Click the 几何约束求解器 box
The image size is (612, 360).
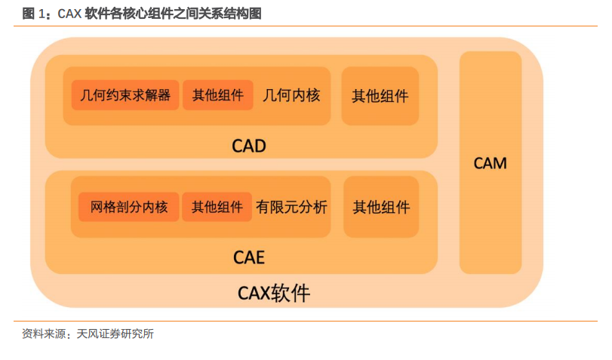[x=125, y=95]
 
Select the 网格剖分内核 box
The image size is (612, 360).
[x=129, y=207]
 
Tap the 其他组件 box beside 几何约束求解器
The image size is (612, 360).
[x=218, y=95]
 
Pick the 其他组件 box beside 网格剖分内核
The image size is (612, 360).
[x=217, y=207]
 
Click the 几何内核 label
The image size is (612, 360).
[x=291, y=95]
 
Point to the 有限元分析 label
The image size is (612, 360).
[x=291, y=207]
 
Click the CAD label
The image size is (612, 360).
[x=249, y=146]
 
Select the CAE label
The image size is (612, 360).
[x=249, y=257]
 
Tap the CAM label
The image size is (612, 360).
[x=491, y=163]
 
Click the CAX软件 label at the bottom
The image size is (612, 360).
[x=274, y=294]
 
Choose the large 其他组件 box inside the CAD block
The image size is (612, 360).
[x=380, y=96]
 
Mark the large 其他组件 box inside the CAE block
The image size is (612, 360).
[x=381, y=207]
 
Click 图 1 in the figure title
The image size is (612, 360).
[x=34, y=14]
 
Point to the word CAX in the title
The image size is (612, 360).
[x=69, y=14]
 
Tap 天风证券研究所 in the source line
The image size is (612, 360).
[x=115, y=334]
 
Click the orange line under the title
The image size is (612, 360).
[x=306, y=26]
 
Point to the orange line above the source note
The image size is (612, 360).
[x=306, y=322]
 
